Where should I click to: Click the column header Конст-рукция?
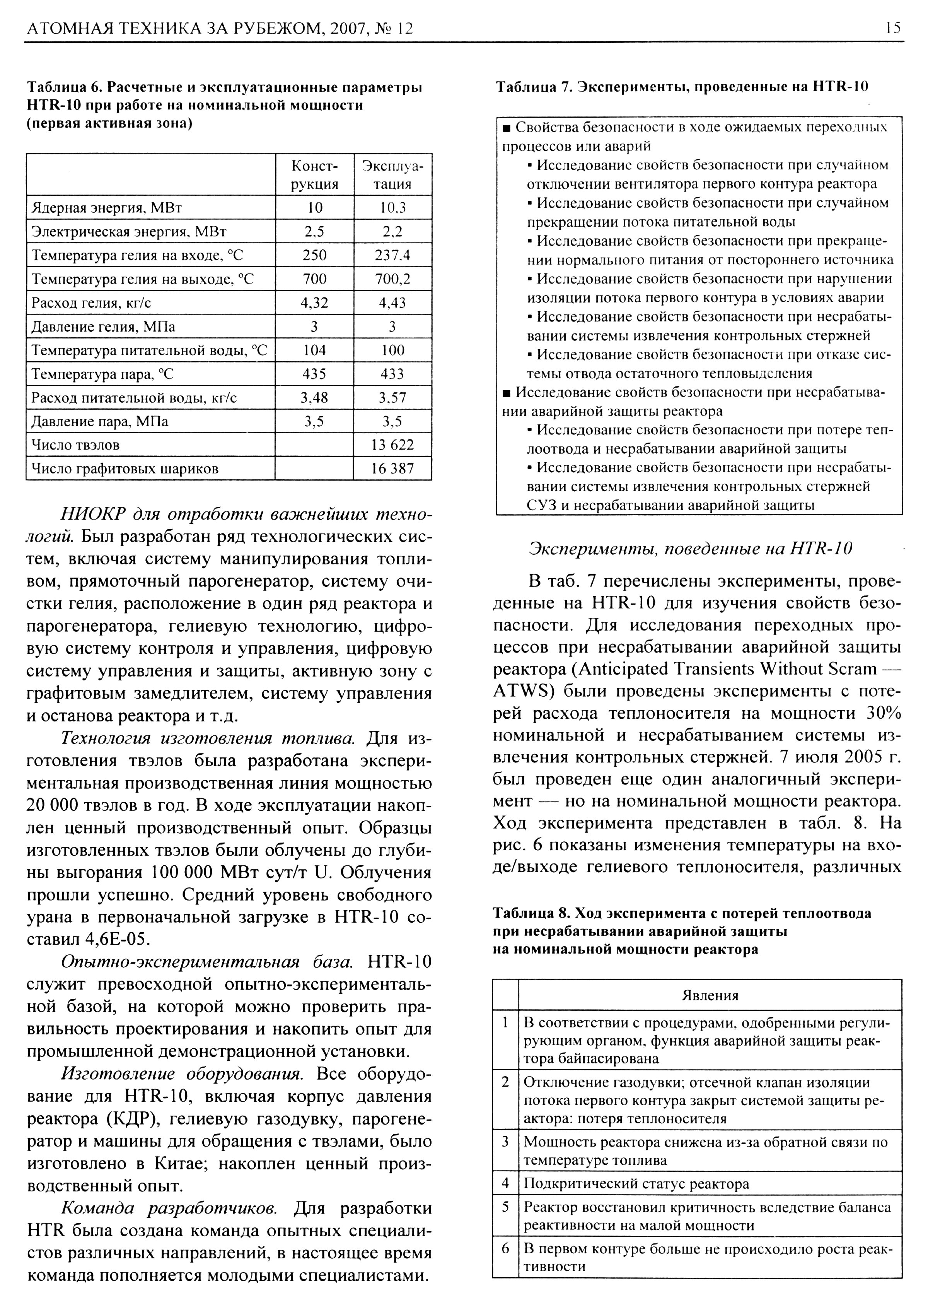[x=315, y=174]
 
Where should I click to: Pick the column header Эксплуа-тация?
[x=392, y=174]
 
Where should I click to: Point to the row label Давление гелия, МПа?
[x=103, y=326]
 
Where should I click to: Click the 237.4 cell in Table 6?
[x=392, y=255]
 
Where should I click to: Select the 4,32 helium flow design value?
[x=315, y=303]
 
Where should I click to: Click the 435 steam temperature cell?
[x=315, y=374]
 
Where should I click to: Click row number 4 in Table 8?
[x=505, y=1183]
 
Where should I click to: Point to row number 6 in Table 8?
[x=505, y=1249]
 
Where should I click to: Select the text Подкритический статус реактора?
[x=636, y=1183]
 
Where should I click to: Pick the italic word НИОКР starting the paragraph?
[x=93, y=514]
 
